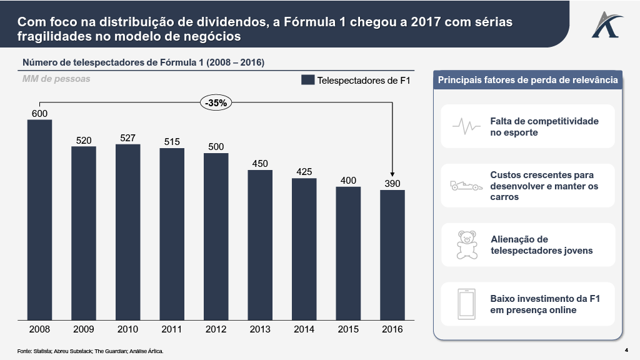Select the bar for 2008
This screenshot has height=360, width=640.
pos(39,220)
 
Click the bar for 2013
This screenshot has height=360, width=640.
pos(260,245)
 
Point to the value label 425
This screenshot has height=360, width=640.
pos(304,172)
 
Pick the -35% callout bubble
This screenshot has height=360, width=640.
pos(217,103)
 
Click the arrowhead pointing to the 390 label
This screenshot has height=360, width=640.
pos(392,175)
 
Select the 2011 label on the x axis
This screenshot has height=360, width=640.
pos(172,329)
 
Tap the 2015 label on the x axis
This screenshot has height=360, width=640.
pos(348,329)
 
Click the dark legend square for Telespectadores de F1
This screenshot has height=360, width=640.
pos(307,81)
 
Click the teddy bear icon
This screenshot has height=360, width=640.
pos(466,244)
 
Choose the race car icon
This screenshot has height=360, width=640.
pos(466,186)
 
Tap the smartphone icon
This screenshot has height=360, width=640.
pos(466,303)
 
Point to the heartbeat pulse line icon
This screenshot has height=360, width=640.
pos(466,126)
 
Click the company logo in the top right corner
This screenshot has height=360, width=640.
pos(604,24)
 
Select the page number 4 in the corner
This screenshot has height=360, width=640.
pos(626,349)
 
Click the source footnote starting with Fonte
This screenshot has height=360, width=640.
pos(90,351)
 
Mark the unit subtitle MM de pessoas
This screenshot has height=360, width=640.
pos(56,79)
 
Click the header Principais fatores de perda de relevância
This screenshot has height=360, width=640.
pos(528,80)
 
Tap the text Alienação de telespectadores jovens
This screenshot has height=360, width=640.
pos(541,245)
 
